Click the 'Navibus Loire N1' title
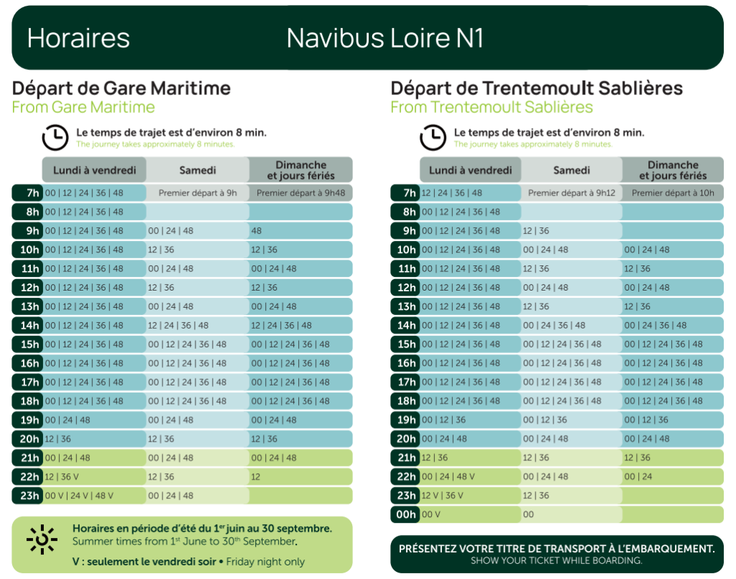(385, 38)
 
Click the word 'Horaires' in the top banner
(78, 38)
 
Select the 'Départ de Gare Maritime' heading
(121, 88)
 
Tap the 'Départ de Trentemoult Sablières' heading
(536, 88)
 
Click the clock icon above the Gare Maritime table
(55, 137)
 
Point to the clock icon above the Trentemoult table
(433, 137)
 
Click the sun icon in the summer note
(42, 539)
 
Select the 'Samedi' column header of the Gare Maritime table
(197, 170)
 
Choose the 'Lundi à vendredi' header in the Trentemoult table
(470, 170)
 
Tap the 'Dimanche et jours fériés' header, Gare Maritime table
(300, 170)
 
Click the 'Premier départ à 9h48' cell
(300, 193)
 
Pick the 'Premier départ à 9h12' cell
(571, 193)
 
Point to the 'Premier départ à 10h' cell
(673, 193)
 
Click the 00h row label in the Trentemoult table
(406, 514)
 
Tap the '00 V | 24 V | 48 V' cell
(79, 496)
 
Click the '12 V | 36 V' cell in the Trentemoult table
(442, 496)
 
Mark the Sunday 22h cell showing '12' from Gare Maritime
(256, 477)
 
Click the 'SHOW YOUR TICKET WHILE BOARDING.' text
(556, 560)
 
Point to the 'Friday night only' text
(265, 562)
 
